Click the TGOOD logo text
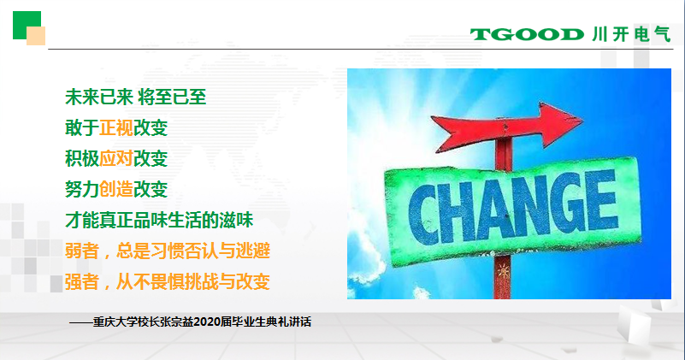[x=527, y=34]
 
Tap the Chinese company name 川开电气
[x=631, y=34]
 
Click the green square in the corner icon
[x=26, y=24]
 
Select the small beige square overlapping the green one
[x=36, y=36]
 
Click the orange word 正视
[x=116, y=127]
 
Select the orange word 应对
[x=116, y=158]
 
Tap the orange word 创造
[x=116, y=189]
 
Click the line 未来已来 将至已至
[x=135, y=97]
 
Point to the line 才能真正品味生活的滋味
[x=159, y=220]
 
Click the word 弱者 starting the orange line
[x=82, y=251]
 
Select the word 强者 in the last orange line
[x=82, y=281]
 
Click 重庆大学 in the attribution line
[x=115, y=322]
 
